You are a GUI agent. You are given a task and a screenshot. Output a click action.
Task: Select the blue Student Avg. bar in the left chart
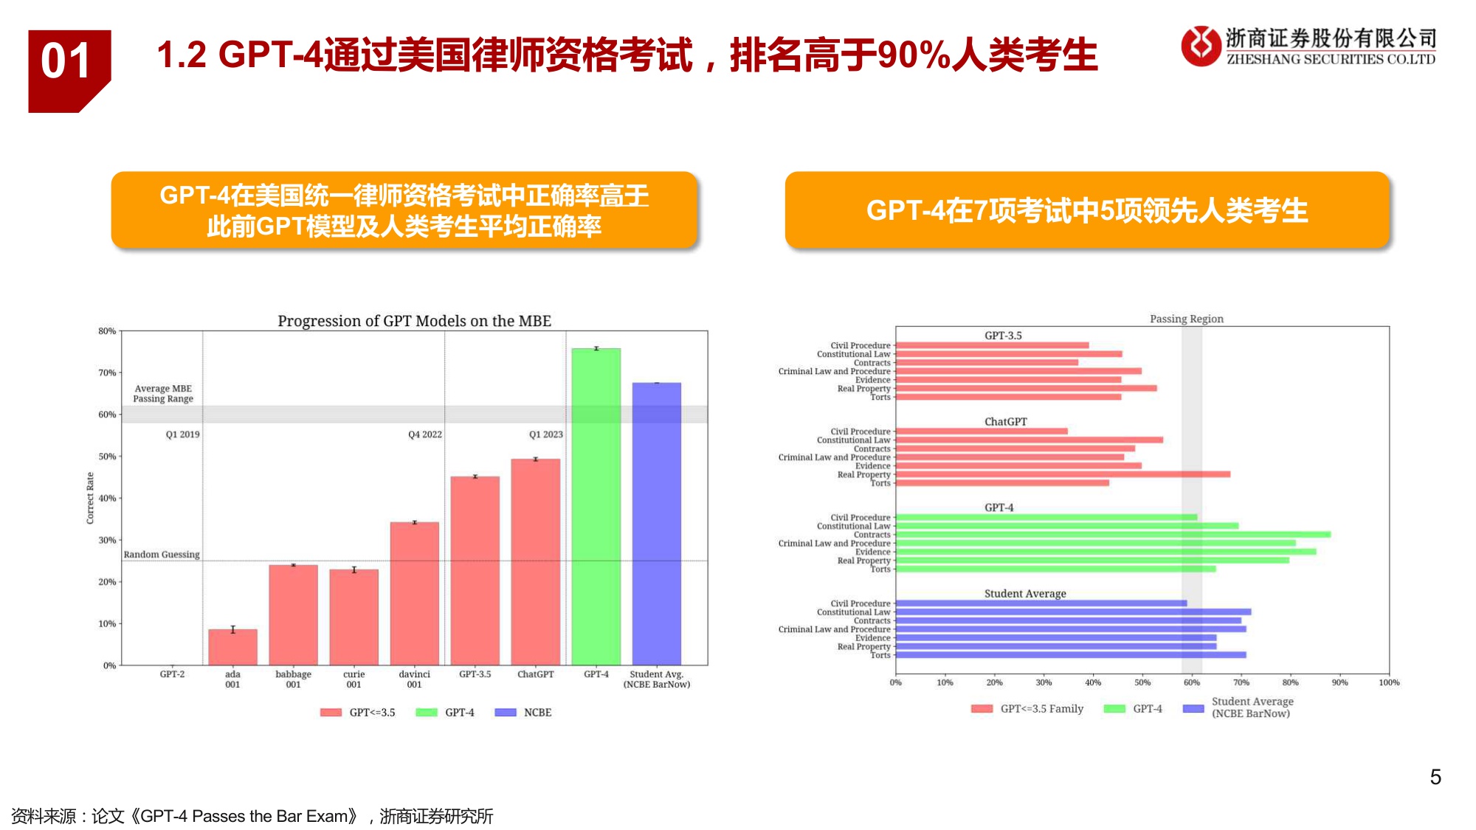coord(656,524)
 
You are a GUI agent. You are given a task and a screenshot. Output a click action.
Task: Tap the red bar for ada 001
coord(232,647)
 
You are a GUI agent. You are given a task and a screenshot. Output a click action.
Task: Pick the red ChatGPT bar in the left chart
coord(535,561)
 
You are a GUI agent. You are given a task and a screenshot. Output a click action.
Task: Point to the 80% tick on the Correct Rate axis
coord(108,331)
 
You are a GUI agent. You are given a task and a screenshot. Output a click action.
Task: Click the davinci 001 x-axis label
coord(414,679)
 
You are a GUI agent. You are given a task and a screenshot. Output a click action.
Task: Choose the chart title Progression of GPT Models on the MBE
coord(414,321)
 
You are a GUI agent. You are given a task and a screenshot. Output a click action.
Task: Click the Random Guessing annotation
coord(162,554)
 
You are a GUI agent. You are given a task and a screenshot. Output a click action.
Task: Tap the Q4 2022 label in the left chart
coord(425,435)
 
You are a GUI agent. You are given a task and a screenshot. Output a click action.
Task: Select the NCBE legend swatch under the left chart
coord(506,712)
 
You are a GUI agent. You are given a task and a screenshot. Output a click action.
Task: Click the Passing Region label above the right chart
coord(1186,319)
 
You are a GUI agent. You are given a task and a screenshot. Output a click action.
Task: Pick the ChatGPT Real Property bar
coord(1063,474)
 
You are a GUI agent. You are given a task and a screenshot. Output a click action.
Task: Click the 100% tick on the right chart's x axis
coord(1389,682)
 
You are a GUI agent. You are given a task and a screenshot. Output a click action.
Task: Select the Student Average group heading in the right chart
coord(1025,593)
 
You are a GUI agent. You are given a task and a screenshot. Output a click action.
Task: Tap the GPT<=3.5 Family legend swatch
coord(982,709)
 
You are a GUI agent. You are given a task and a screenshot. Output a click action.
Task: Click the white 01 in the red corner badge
coord(66,61)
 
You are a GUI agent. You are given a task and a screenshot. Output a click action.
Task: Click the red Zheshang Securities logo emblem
coord(1201,46)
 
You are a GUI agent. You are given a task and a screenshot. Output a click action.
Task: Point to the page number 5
coord(1435,777)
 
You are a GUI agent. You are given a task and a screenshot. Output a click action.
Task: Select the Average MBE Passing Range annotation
coord(163,393)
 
